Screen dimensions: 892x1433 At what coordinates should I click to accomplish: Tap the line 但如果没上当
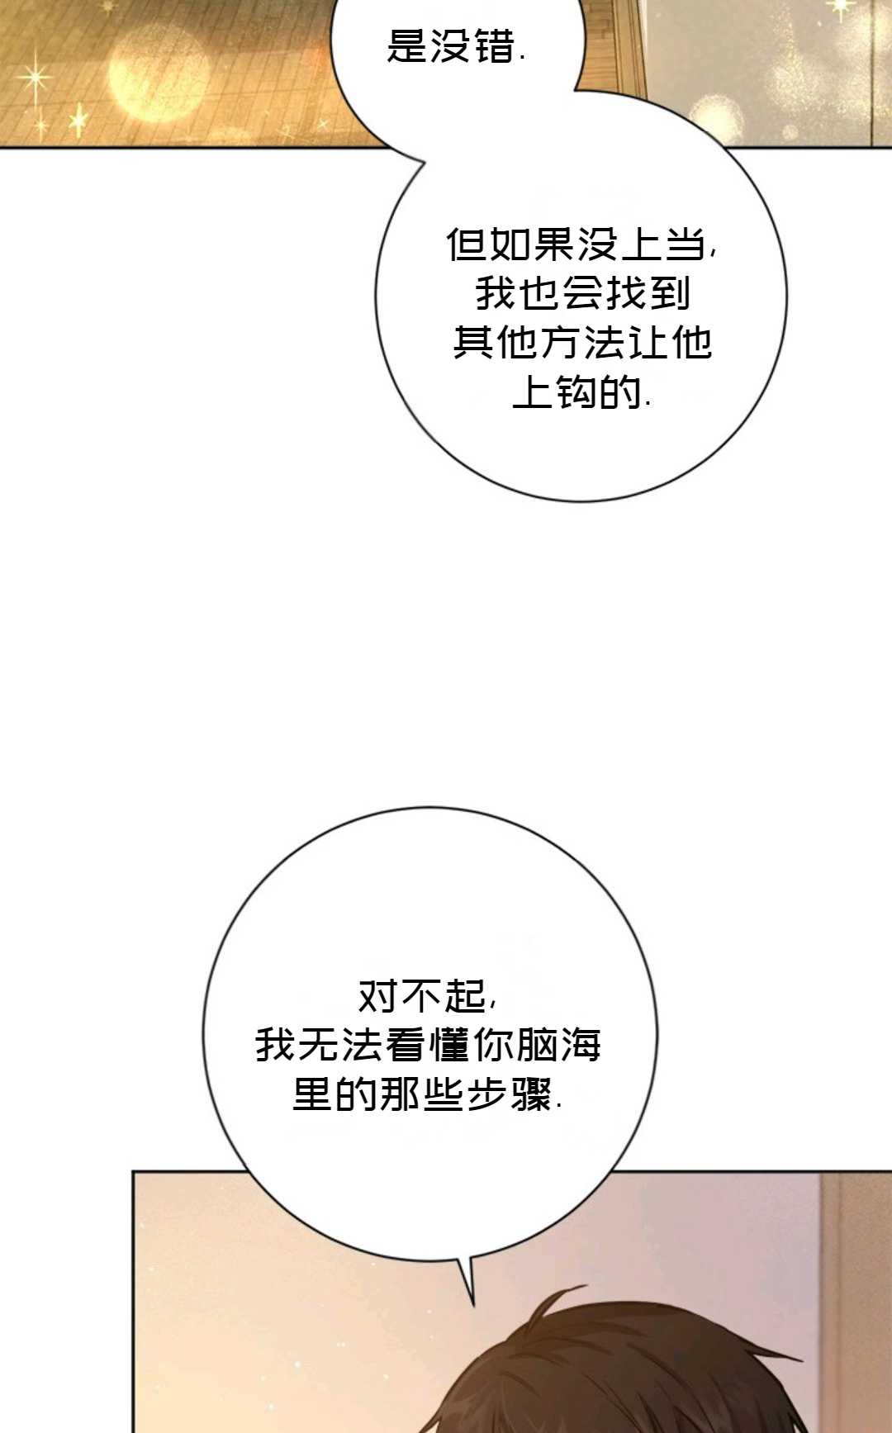pyautogui.click(x=581, y=244)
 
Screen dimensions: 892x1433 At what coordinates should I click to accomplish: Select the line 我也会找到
pyautogui.click(x=582, y=293)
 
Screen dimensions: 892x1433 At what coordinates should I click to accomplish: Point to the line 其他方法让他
pyautogui.click(x=582, y=343)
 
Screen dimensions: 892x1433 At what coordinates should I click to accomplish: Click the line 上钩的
pyautogui.click(x=581, y=391)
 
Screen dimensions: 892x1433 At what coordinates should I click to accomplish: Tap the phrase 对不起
pyautogui.click(x=427, y=996)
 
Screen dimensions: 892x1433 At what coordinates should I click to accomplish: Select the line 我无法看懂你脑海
pyautogui.click(x=428, y=1045)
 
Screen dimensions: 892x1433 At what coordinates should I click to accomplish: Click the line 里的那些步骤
pyautogui.click(x=428, y=1094)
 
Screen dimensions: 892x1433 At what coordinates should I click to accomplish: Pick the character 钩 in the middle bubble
pyautogui.click(x=576, y=391)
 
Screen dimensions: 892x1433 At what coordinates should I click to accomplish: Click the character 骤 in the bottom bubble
pyautogui.click(x=533, y=1094)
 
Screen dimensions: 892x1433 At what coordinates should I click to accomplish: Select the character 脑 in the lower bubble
pyautogui.click(x=536, y=1045)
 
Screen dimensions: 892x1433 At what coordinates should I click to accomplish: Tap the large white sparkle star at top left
pyautogui.click(x=35, y=78)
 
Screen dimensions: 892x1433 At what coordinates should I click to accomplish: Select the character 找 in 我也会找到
pyautogui.click(x=625, y=293)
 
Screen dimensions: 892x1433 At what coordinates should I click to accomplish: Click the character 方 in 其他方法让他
pyautogui.click(x=561, y=343)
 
